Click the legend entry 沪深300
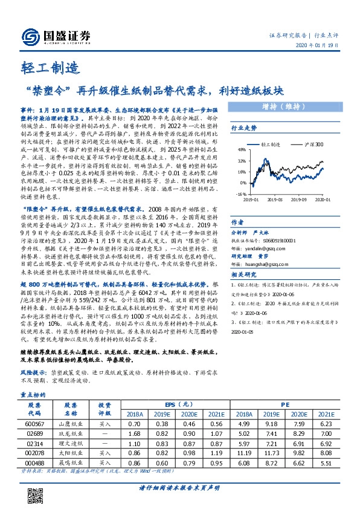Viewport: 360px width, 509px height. coord(315,145)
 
